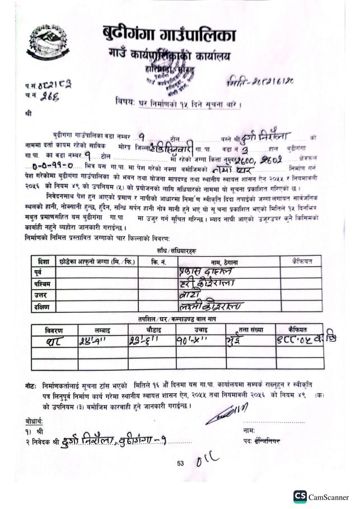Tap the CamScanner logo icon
(300, 497)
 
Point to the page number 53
(180, 463)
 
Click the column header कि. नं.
(159, 261)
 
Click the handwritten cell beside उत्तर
(216, 295)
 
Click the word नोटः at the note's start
(31, 387)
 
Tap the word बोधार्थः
(35, 421)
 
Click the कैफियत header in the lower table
(297, 330)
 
